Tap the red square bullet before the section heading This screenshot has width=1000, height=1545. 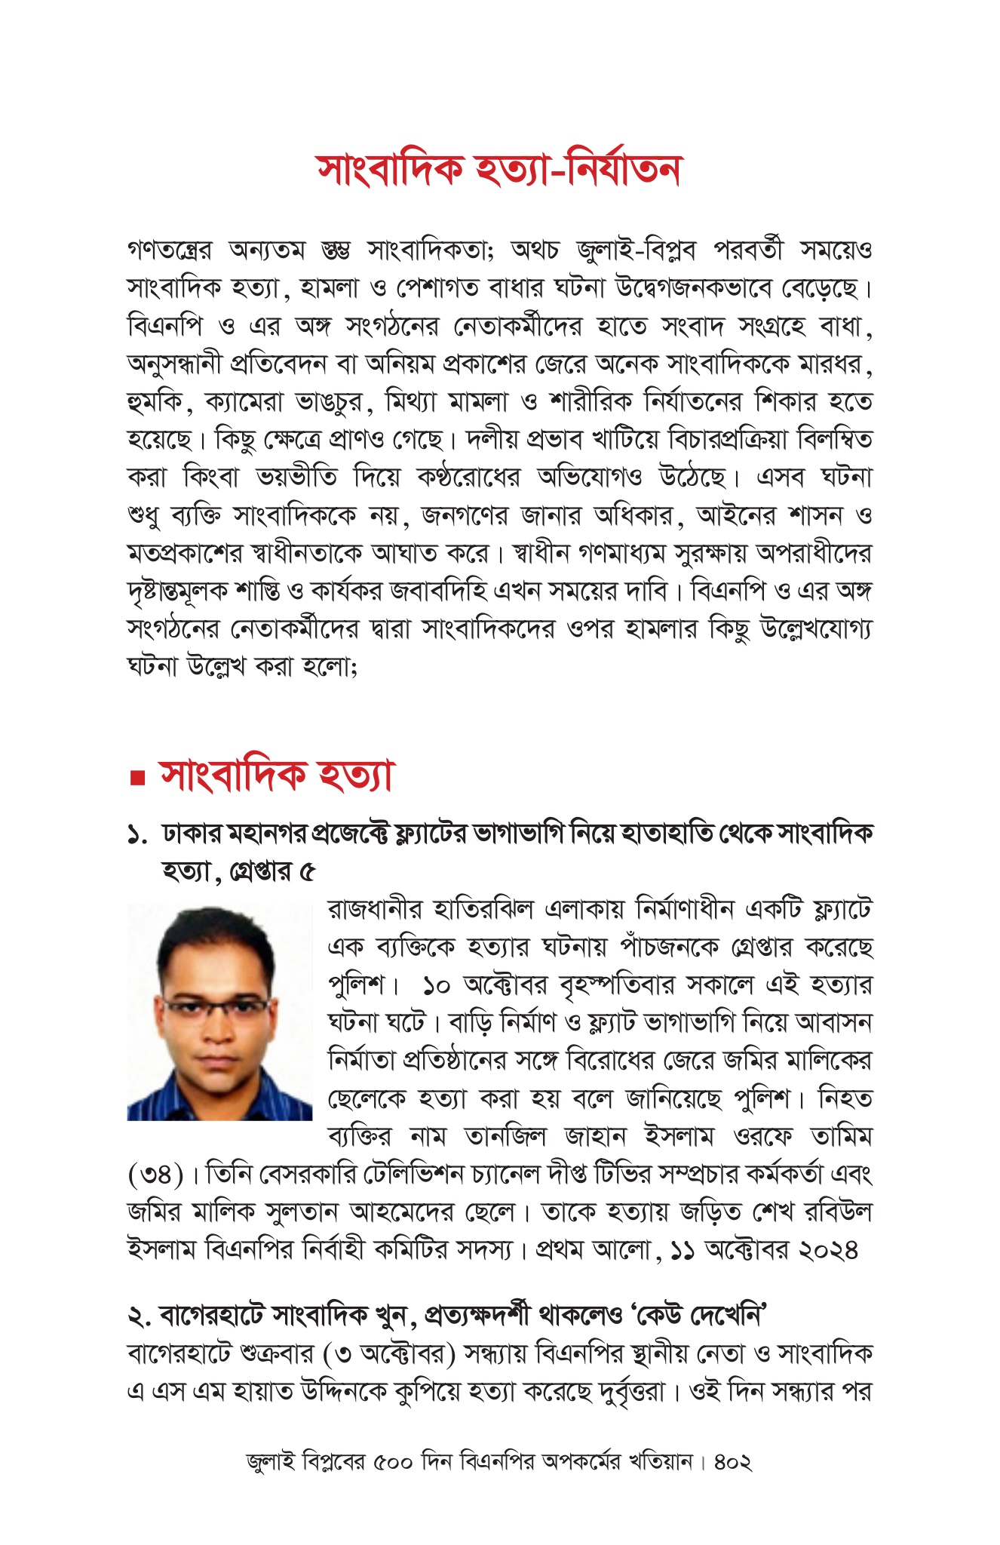coord(137,778)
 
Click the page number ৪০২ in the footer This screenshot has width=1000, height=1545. coord(732,1463)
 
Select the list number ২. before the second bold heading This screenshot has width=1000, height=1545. coord(139,1316)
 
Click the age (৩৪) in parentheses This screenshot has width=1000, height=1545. coord(155,1175)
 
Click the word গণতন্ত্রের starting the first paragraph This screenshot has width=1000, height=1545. coord(170,250)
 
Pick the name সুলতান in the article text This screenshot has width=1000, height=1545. coord(302,1212)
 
